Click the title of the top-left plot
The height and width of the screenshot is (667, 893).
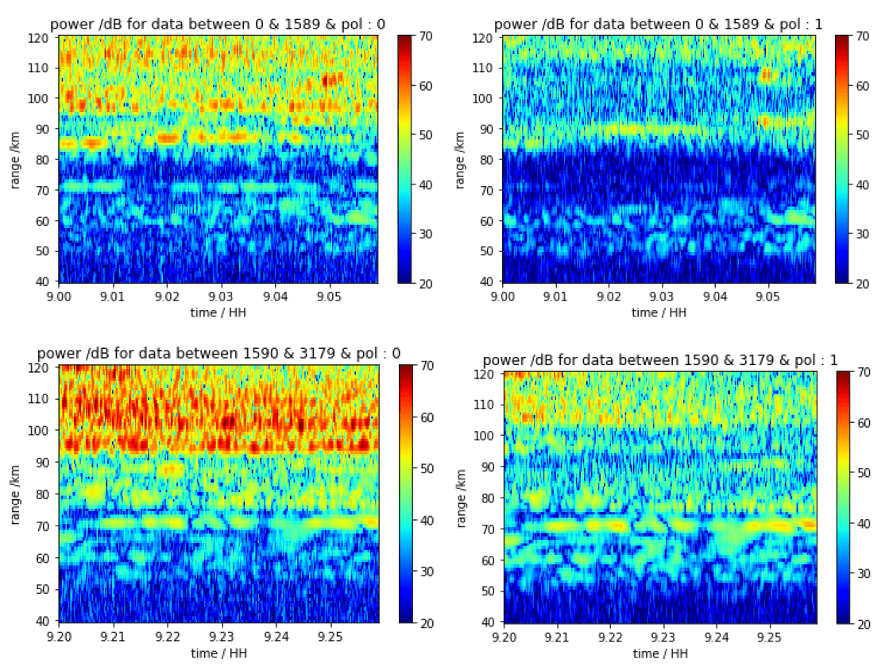point(218,25)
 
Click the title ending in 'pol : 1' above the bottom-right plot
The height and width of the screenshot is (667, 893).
point(659,359)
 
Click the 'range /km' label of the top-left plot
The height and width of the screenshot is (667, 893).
point(17,159)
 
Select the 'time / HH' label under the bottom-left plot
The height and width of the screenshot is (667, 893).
point(217,653)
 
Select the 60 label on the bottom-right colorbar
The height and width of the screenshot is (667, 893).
point(863,423)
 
